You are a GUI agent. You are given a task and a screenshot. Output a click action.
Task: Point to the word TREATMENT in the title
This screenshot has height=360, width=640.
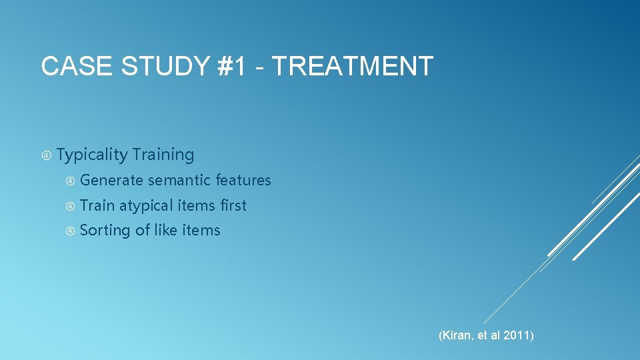tap(353, 67)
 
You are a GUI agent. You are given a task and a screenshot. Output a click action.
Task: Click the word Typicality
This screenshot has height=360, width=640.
tap(92, 155)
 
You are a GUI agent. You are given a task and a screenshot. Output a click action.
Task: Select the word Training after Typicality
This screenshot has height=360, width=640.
tap(163, 155)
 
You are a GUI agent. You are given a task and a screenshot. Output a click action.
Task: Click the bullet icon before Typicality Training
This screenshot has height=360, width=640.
tap(46, 155)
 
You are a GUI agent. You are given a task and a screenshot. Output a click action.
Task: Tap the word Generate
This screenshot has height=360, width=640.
tap(111, 180)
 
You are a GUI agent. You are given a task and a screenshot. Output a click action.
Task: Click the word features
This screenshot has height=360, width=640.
tap(243, 180)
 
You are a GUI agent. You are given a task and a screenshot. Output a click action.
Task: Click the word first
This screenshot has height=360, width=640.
tap(233, 205)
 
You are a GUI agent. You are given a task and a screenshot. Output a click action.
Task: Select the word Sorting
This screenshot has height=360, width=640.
tap(105, 231)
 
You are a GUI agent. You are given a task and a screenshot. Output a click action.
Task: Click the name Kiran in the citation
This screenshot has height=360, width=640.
tap(456, 335)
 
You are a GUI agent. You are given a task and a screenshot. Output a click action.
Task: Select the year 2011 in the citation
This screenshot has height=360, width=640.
tap(517, 335)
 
